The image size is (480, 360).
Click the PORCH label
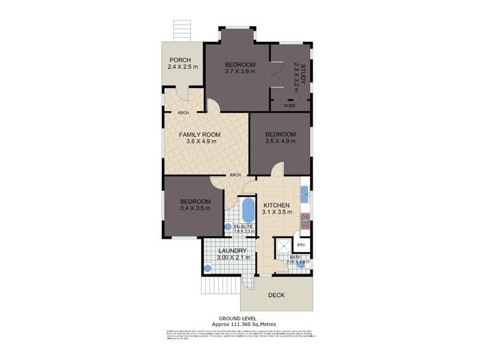(x=180, y=60)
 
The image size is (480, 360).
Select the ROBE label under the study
(x=289, y=105)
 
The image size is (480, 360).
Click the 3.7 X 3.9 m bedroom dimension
(x=240, y=72)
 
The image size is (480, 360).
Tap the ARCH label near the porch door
(x=184, y=113)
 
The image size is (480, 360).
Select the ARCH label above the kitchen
(x=235, y=175)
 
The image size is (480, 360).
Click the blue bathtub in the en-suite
(x=248, y=210)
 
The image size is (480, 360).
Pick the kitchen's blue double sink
(x=304, y=193)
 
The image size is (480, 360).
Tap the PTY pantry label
(x=301, y=244)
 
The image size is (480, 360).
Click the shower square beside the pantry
(x=283, y=246)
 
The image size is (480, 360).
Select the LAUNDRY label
(x=229, y=251)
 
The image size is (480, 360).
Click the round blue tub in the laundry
(x=207, y=268)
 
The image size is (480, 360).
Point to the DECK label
(x=276, y=295)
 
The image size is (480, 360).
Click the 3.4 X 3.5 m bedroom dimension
(x=195, y=208)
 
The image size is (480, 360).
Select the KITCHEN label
(x=276, y=205)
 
